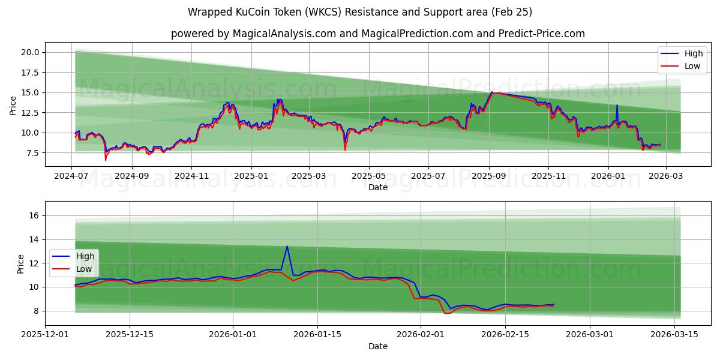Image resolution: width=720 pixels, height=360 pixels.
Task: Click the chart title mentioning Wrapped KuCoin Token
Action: (x=360, y=12)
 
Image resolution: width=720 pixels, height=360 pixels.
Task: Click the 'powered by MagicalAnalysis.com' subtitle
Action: (x=378, y=34)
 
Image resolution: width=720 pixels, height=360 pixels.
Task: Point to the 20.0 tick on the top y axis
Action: (x=30, y=52)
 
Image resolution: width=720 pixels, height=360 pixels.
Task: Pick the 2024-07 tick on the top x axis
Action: (x=72, y=176)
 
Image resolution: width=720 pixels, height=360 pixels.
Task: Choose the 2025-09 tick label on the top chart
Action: (x=489, y=176)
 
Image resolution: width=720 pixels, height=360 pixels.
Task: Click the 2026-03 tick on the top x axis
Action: (x=667, y=176)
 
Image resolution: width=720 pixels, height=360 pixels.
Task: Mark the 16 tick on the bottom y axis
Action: (x=34, y=215)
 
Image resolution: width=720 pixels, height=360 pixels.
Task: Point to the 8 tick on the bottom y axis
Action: (x=37, y=311)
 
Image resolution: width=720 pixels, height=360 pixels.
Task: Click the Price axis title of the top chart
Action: (x=13, y=105)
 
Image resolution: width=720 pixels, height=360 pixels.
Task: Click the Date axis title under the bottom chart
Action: (x=378, y=346)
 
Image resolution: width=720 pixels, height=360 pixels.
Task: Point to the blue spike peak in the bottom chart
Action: (x=287, y=246)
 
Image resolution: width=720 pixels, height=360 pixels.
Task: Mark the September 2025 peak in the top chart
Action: (x=492, y=92)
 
